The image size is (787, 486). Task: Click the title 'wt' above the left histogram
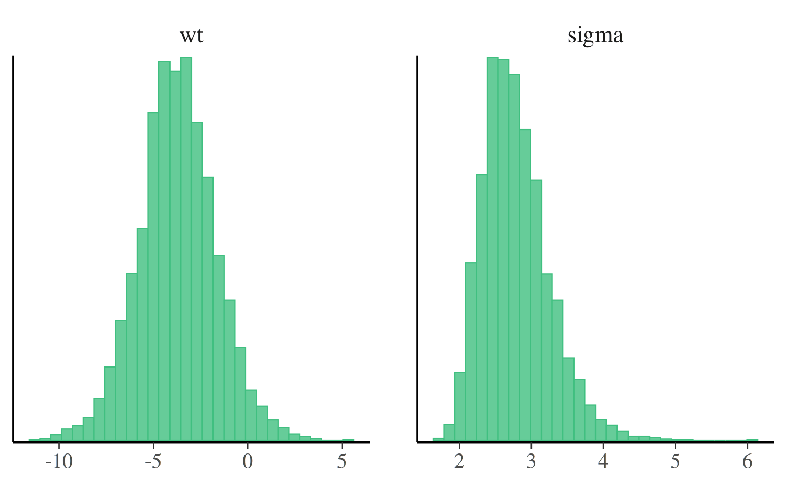[192, 36]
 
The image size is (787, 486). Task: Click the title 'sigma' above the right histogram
[595, 36]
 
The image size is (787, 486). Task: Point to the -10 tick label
[59, 461]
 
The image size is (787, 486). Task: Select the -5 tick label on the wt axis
[153, 461]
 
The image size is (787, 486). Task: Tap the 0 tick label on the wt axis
[248, 461]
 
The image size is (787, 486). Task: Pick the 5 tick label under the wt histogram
[342, 461]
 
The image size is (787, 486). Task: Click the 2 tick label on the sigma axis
[460, 461]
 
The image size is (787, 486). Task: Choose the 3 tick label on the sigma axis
[531, 461]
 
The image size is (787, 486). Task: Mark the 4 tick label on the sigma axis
[603, 461]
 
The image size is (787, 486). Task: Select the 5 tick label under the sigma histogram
[675, 461]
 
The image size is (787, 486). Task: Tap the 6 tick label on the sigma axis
[747, 461]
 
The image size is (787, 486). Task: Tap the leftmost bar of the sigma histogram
[438, 439]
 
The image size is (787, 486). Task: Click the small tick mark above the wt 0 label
[248, 444]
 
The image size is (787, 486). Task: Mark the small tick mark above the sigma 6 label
[747, 444]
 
